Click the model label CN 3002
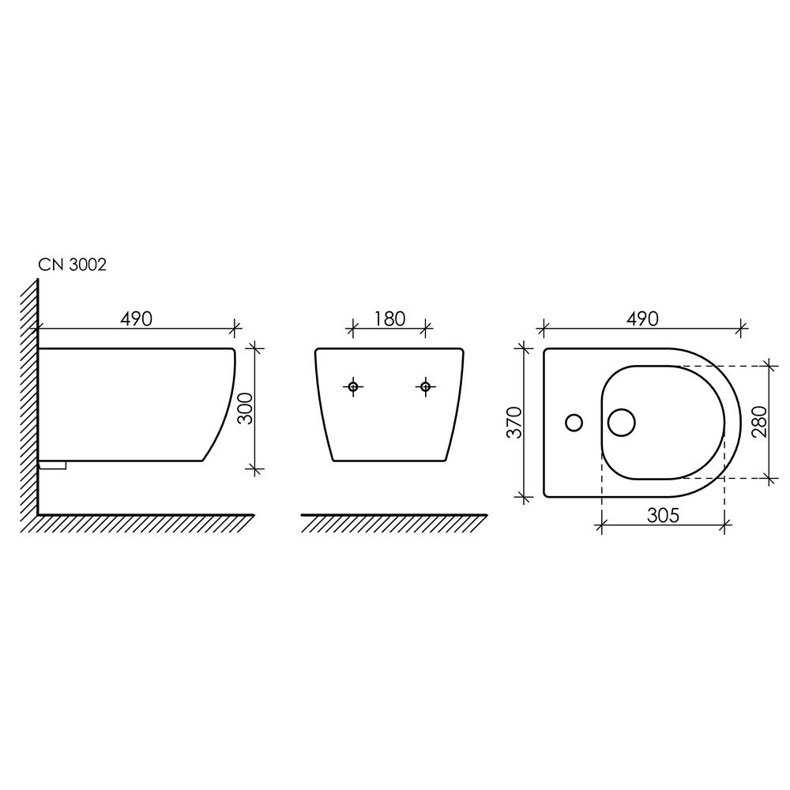(73, 265)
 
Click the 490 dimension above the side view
(136, 319)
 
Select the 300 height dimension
(246, 408)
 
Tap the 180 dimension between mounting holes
(389, 319)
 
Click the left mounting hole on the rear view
(353, 387)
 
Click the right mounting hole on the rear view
(426, 387)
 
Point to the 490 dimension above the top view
(642, 319)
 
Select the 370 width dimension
(514, 422)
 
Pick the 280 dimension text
(759, 422)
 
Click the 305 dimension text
(663, 515)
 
